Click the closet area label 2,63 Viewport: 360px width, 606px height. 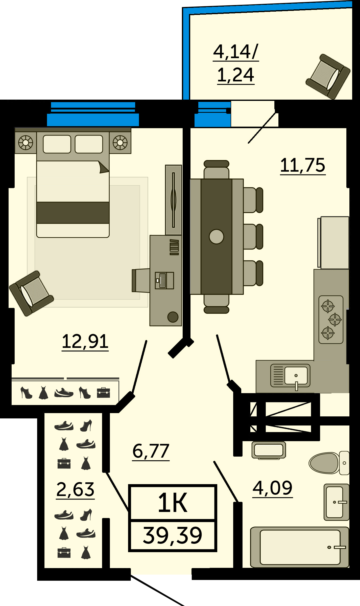[x=75, y=489]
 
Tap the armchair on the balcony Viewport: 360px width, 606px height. [x=328, y=77]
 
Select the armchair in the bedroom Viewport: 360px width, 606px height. [x=32, y=294]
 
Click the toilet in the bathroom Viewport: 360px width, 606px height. [x=329, y=463]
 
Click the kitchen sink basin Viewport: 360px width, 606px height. [x=296, y=375]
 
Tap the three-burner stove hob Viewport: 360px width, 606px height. [x=331, y=320]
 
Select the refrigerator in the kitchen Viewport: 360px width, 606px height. [x=333, y=242]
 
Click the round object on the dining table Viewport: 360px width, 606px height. [x=217, y=237]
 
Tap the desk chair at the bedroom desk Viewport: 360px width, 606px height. [x=141, y=280]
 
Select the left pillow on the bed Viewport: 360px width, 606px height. [x=57, y=144]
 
